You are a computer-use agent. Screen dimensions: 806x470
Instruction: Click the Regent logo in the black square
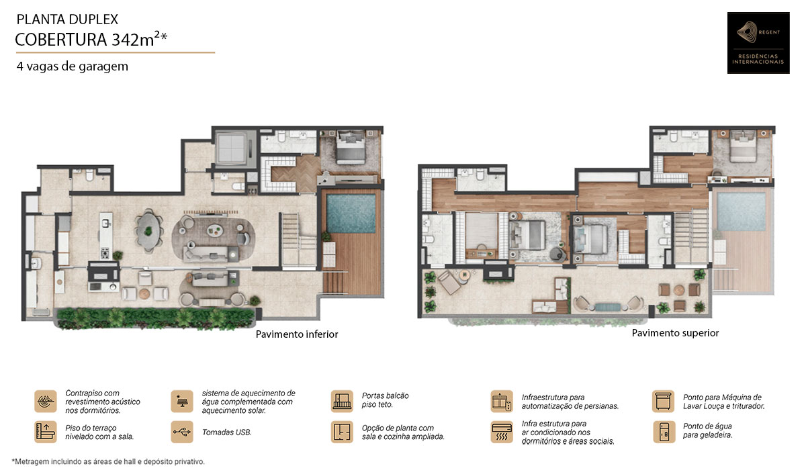pyautogui.click(x=758, y=43)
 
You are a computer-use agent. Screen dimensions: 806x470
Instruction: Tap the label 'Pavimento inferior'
pyautogui.click(x=297, y=334)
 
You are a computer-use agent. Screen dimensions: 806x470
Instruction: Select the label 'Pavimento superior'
pyautogui.click(x=675, y=333)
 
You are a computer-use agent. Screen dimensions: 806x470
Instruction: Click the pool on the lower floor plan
pyautogui.click(x=351, y=214)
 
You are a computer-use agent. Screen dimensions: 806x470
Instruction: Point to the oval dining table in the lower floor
pyautogui.click(x=148, y=230)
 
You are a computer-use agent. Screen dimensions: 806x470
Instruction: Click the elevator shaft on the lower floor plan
pyautogui.click(x=232, y=148)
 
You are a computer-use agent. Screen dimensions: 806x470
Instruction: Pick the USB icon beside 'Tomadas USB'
pyautogui.click(x=182, y=432)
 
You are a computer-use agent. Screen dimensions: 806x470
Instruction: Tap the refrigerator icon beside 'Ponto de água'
pyautogui.click(x=664, y=432)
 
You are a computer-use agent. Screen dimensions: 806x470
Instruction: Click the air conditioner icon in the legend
pyautogui.click(x=502, y=432)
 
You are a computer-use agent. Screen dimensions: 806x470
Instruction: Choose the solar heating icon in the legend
pyautogui.click(x=182, y=401)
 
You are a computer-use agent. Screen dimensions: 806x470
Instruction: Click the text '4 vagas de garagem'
pyautogui.click(x=73, y=66)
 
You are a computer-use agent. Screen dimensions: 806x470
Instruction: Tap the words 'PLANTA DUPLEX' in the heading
pyautogui.click(x=67, y=19)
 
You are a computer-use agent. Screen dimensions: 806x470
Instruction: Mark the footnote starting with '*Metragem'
pyautogui.click(x=108, y=461)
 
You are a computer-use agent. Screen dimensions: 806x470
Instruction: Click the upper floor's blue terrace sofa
pyautogui.click(x=608, y=307)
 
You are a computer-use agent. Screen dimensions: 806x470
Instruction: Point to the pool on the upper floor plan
pyautogui.click(x=741, y=211)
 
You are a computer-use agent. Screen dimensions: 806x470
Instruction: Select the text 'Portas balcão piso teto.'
pyautogui.click(x=386, y=400)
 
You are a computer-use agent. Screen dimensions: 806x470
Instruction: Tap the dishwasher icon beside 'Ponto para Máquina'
pyautogui.click(x=663, y=401)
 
